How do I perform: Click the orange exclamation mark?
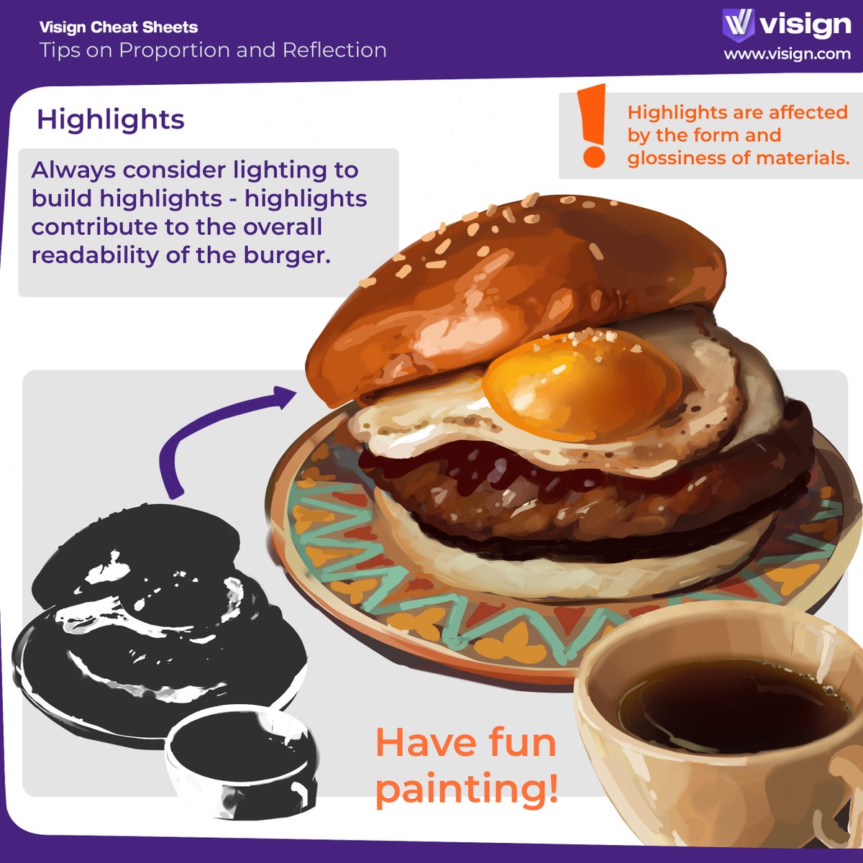point(594,126)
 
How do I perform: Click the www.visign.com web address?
point(787,54)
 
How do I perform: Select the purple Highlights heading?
point(111,119)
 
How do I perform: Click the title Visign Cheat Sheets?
point(119,27)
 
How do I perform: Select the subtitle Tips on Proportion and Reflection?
point(213,50)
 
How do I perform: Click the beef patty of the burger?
point(503,503)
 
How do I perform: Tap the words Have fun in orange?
point(466,742)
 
